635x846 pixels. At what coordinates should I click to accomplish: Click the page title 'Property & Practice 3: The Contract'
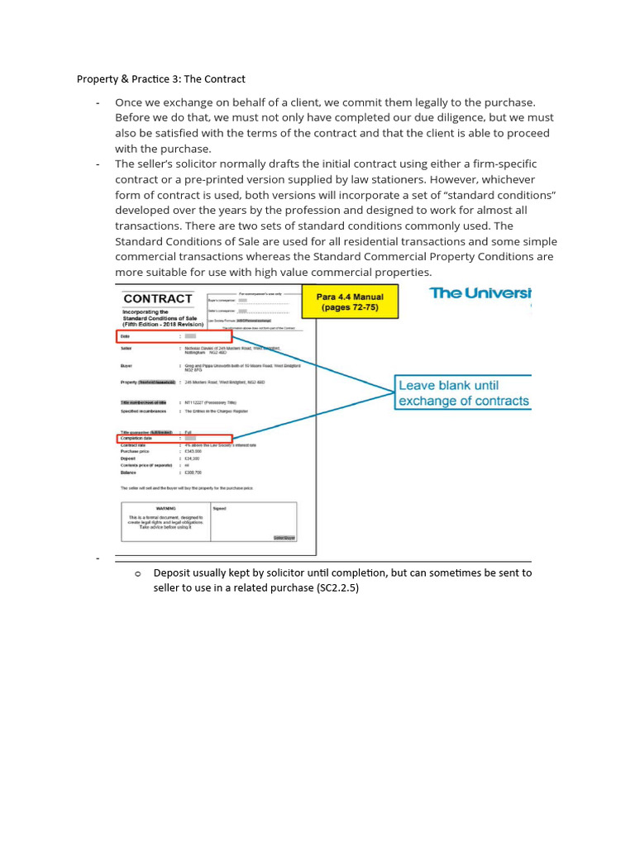point(161,79)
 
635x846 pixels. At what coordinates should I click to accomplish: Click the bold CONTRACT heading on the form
point(158,298)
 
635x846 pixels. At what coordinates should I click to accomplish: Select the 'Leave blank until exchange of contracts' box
point(463,393)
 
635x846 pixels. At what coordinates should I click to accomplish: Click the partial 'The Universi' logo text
point(480,293)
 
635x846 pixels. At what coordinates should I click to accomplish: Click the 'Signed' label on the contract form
point(219,508)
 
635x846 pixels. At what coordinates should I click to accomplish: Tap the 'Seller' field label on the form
point(127,348)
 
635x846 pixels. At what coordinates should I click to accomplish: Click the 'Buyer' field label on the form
point(127,364)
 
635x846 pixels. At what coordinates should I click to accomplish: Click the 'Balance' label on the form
point(129,472)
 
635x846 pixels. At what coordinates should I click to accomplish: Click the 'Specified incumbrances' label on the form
point(143,411)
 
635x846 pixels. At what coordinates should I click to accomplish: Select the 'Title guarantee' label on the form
point(139,432)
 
